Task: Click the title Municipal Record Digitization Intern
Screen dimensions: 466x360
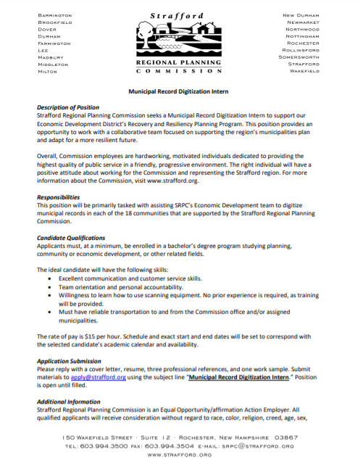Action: coord(180,93)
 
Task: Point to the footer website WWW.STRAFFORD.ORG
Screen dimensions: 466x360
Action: coord(180,456)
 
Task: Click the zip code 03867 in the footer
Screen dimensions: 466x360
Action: coord(282,438)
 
